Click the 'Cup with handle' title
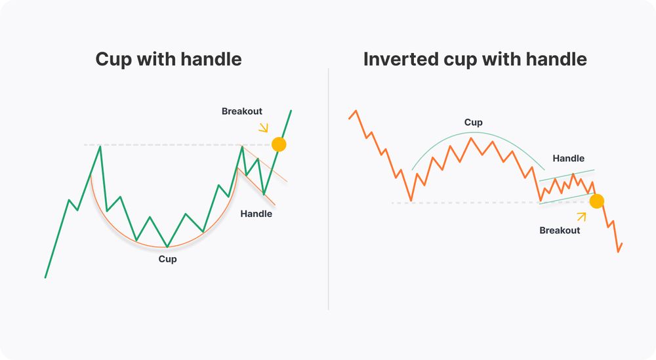point(169,59)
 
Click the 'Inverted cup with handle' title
point(475,59)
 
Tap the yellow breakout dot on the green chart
point(279,144)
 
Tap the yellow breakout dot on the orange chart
point(596,201)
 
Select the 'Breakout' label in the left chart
point(241,111)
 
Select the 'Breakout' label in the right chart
point(560,230)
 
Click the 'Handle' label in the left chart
point(256,213)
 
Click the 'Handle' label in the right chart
point(568,158)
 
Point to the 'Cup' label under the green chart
point(167,259)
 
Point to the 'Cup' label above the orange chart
point(473,123)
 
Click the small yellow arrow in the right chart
point(581,216)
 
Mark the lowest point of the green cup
point(167,247)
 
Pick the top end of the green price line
point(291,111)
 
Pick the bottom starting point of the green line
point(45,277)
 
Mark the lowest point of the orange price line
point(618,251)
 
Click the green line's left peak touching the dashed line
point(100,146)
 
